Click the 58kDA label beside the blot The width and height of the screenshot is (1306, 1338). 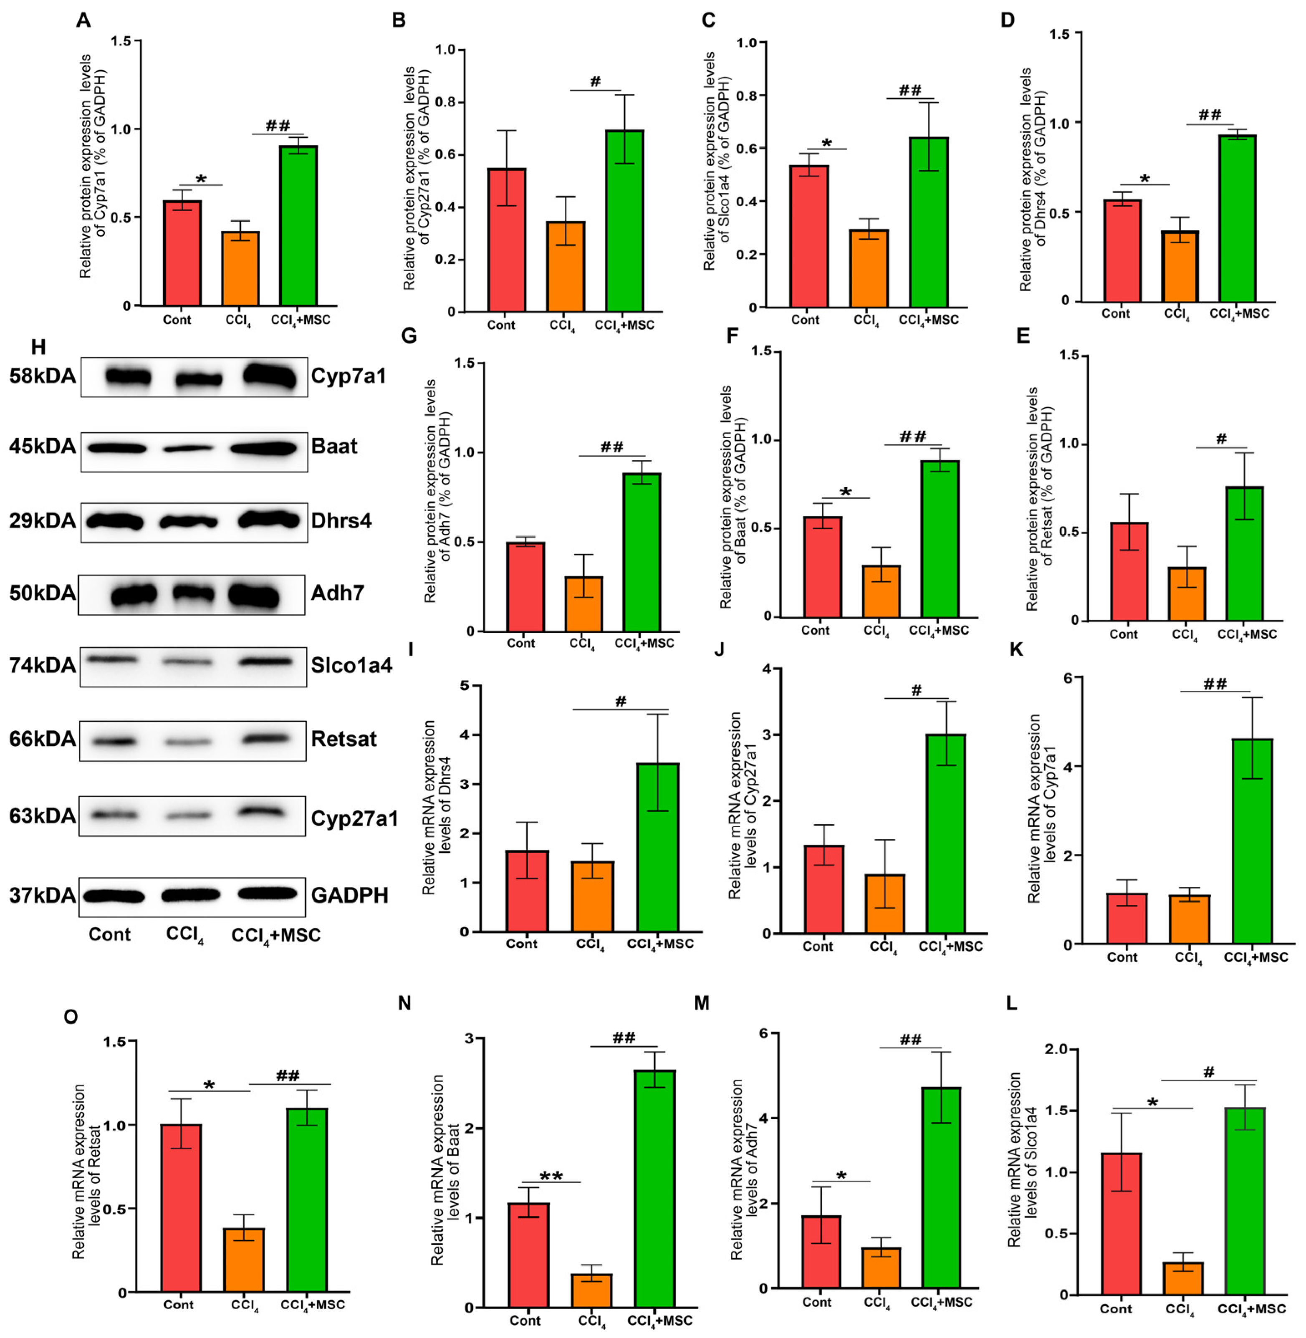click(43, 376)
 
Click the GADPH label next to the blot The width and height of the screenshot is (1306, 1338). click(349, 895)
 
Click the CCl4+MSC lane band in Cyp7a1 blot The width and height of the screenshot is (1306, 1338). click(272, 376)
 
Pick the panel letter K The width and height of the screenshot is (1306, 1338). click(1016, 649)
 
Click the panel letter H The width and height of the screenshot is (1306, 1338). click(38, 347)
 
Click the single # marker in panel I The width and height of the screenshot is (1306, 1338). click(621, 701)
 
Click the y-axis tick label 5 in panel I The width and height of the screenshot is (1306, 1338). click(465, 686)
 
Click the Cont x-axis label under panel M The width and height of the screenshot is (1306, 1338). click(816, 1302)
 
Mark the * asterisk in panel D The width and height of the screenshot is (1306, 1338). click(1145, 180)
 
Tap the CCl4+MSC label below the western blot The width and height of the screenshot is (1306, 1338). click(276, 935)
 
